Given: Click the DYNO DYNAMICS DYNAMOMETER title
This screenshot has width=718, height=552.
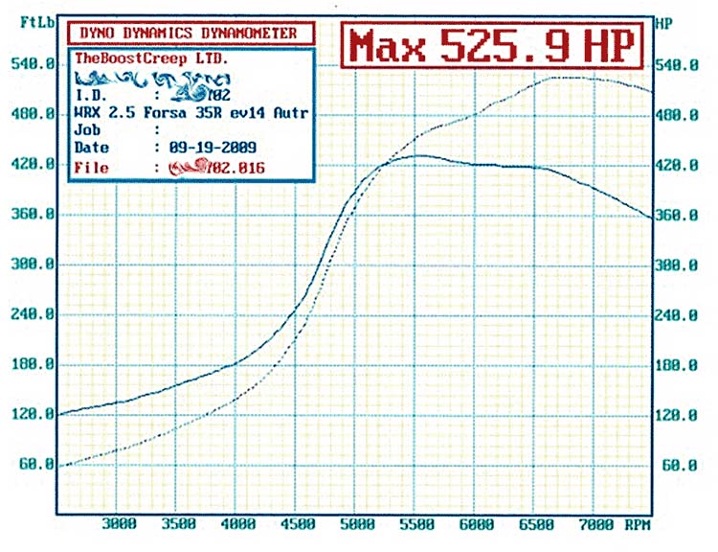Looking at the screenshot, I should pos(189,33).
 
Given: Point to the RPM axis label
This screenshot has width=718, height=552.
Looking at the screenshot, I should pos(639,524).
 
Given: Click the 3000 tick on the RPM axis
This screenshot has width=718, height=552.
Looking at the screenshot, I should pos(118,524).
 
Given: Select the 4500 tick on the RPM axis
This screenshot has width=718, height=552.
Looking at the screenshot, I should pos(298,524).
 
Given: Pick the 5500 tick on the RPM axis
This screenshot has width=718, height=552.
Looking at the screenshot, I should pos(417,524).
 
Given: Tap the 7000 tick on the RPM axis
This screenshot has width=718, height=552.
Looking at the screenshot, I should pos(597,524).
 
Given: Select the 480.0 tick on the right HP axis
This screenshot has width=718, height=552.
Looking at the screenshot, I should pos(681,115).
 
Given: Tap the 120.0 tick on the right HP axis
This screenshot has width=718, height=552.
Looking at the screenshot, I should pos(681,415).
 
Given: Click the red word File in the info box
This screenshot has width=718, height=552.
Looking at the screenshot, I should pos(92,168).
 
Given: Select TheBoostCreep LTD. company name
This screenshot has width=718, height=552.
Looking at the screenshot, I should pos(151,57).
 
